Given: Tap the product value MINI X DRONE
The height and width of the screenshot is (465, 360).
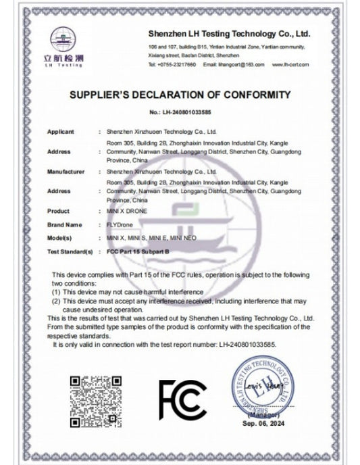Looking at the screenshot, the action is [x=129, y=212].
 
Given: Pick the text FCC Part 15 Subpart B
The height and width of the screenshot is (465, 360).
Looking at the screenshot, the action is [x=139, y=250].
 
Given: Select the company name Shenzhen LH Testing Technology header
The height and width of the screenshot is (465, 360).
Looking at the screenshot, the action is [x=228, y=32].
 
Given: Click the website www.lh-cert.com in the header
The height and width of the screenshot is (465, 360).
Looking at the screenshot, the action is [x=291, y=64].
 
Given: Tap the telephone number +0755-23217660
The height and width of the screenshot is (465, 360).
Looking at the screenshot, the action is [x=176, y=64].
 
